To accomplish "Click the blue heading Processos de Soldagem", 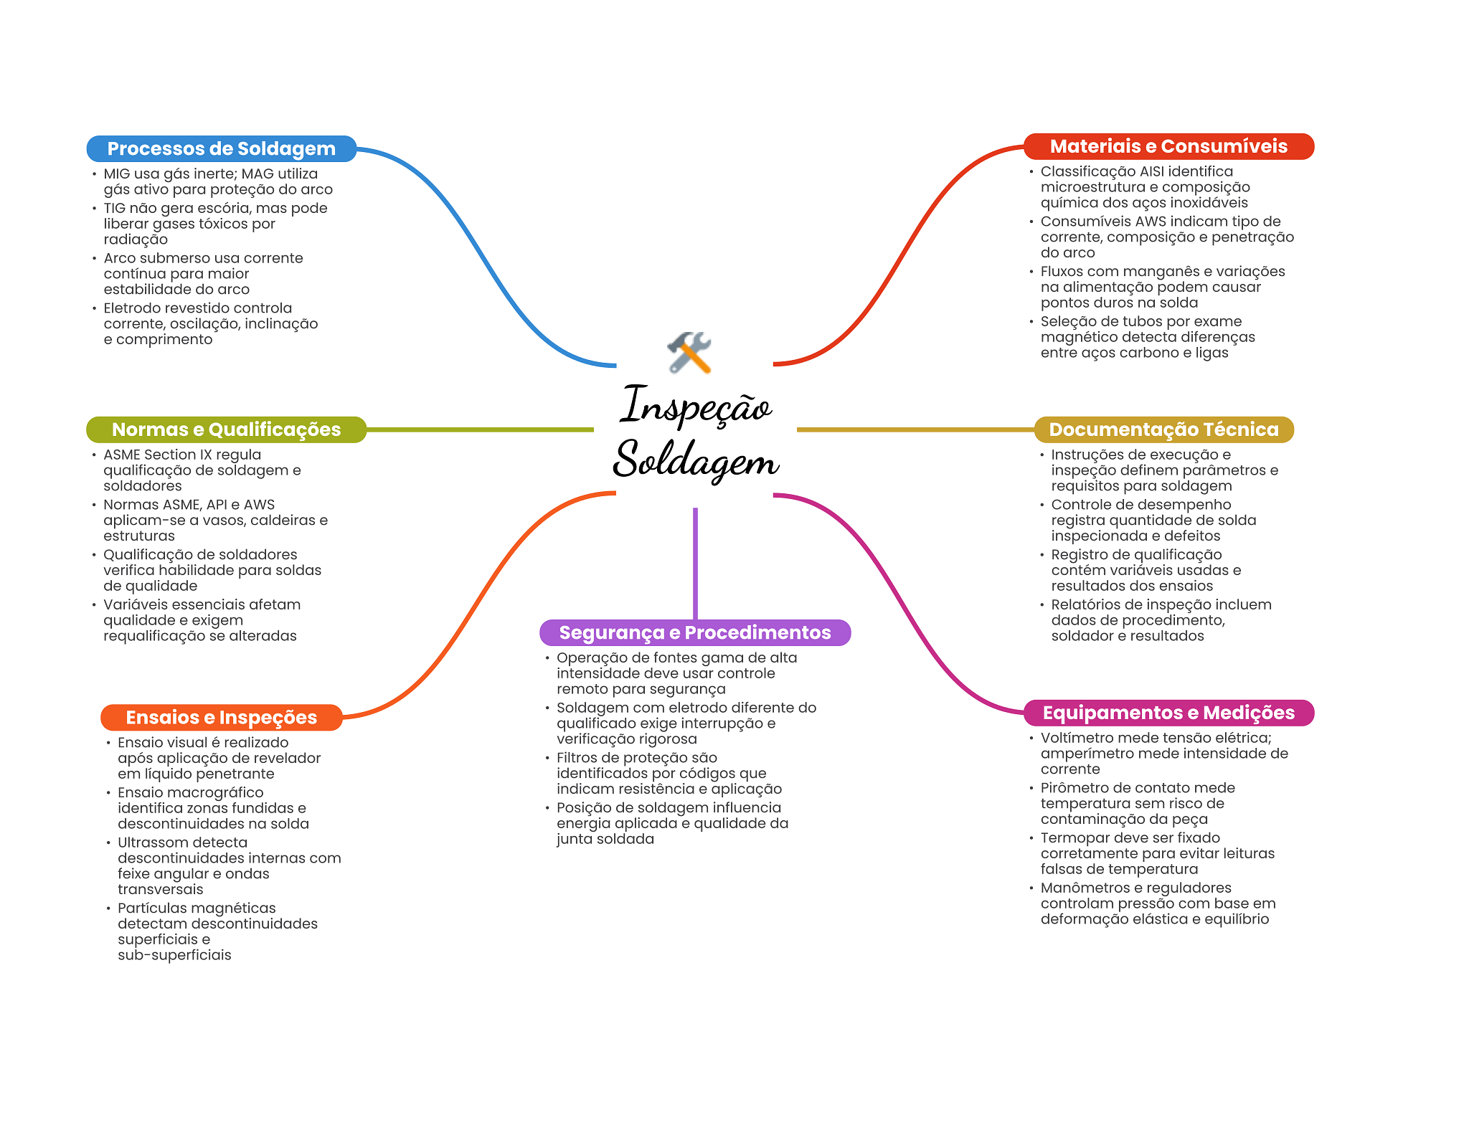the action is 221,148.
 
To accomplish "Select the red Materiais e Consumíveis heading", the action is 1168,146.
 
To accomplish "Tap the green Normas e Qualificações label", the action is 226,429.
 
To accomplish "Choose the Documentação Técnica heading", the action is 1163,429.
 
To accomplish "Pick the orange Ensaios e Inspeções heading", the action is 221,718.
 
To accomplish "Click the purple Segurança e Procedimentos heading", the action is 695,632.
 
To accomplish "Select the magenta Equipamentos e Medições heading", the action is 1168,713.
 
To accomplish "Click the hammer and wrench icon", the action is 689,352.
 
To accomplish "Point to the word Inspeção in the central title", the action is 696,406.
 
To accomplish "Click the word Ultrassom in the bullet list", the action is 182,842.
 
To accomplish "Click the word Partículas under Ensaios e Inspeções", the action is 148,908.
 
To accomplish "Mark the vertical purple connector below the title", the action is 695,564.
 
